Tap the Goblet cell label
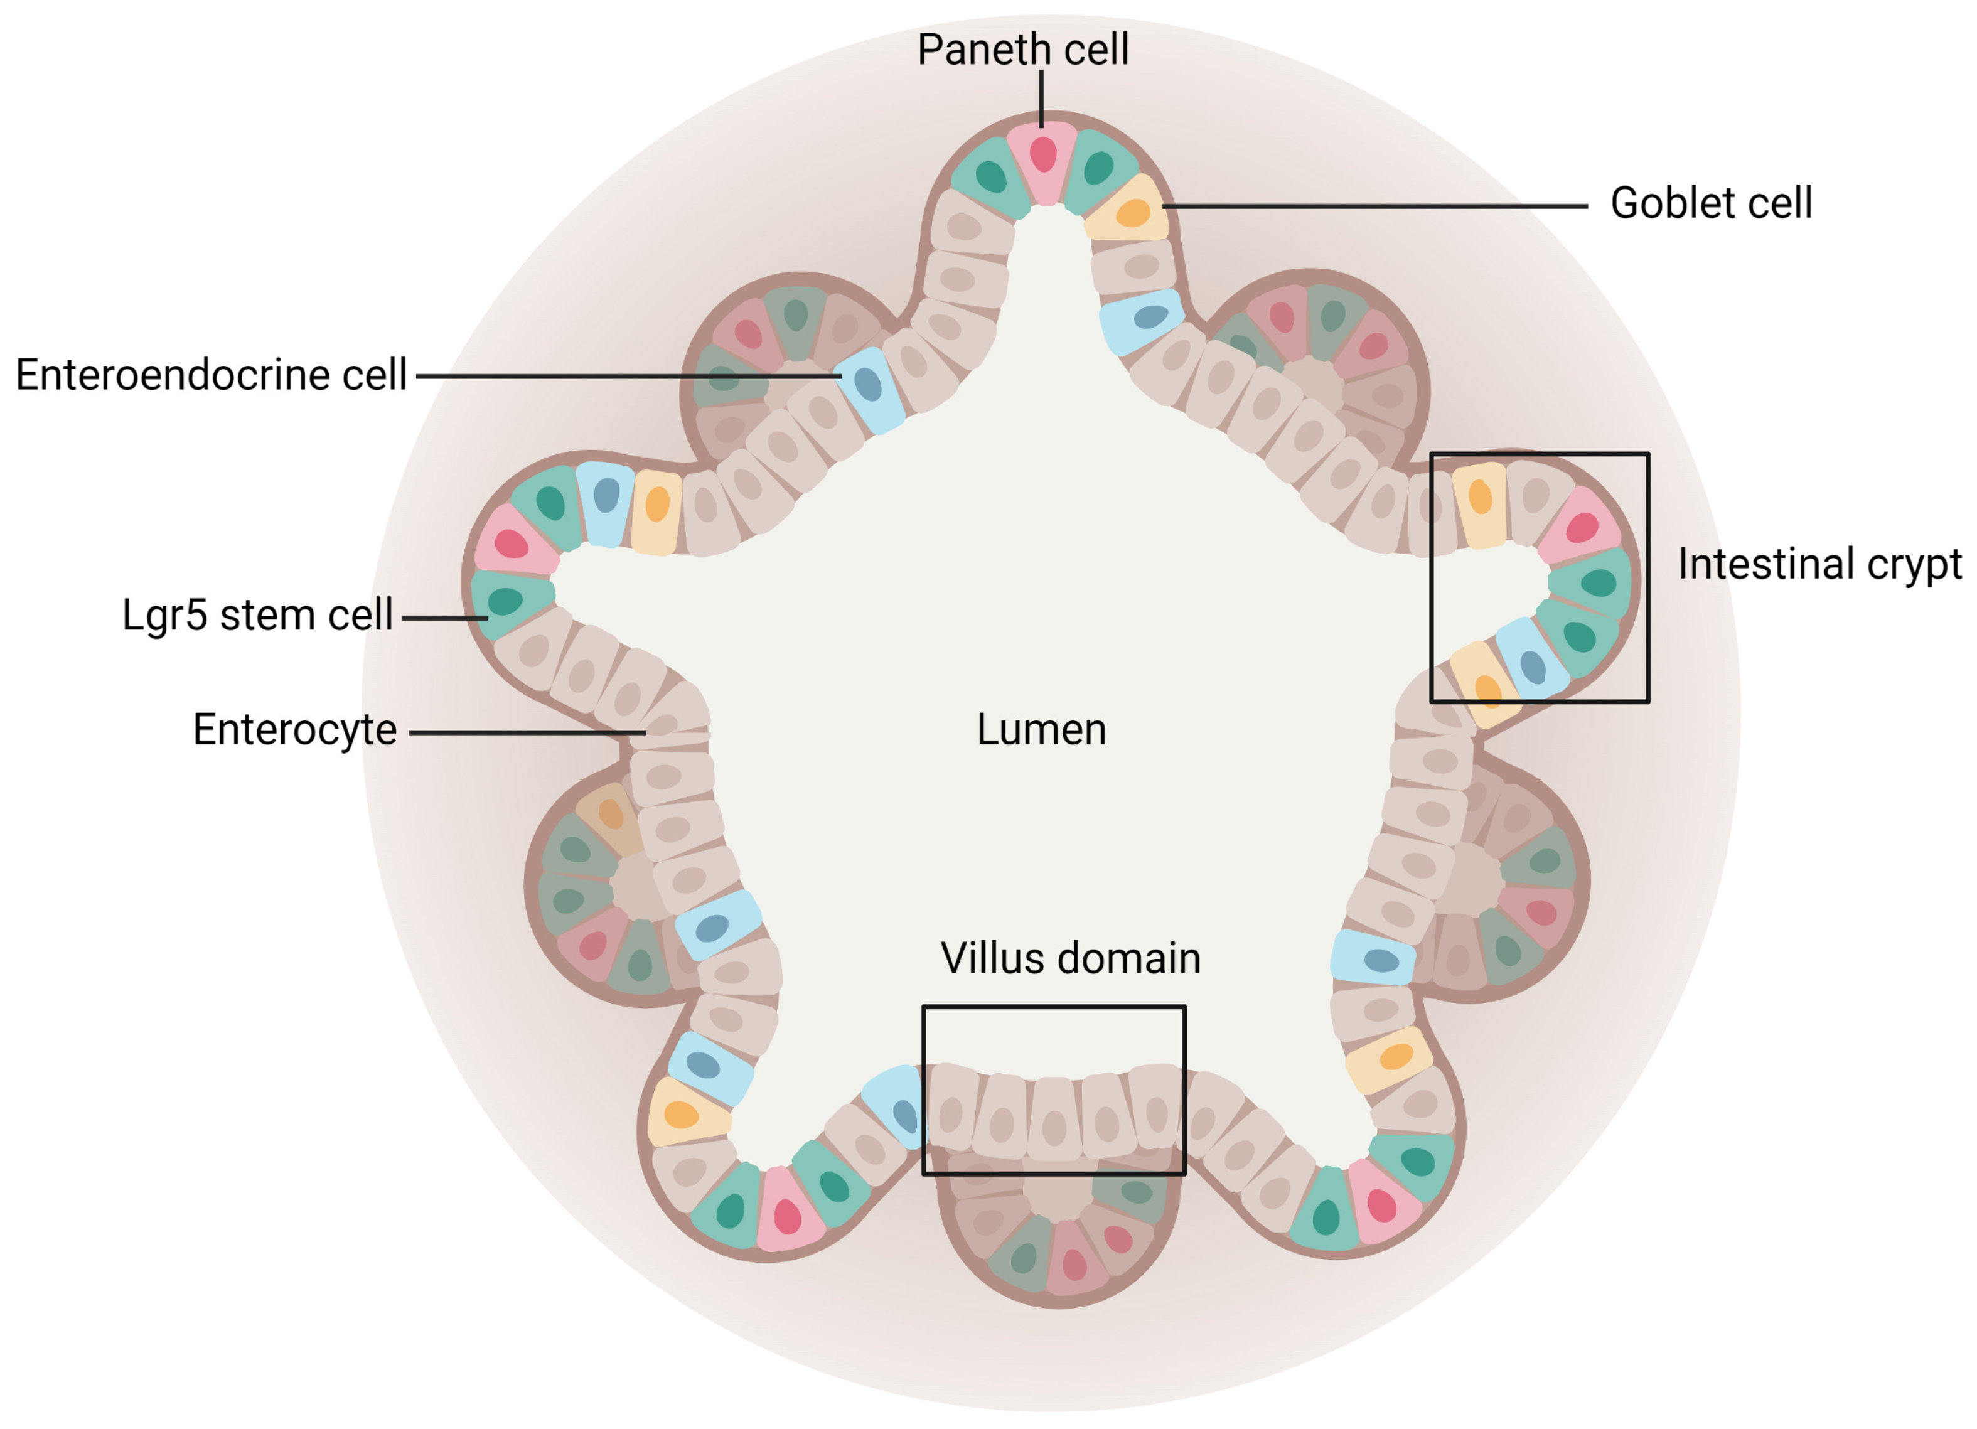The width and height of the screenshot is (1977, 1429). click(x=1710, y=203)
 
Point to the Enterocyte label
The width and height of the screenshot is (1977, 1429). click(x=294, y=730)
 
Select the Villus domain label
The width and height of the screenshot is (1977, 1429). click(x=1069, y=959)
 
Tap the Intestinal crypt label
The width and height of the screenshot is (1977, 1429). click(x=1819, y=564)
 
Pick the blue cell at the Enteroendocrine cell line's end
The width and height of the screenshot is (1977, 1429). click(x=868, y=387)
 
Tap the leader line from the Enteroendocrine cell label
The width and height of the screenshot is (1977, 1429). click(x=628, y=377)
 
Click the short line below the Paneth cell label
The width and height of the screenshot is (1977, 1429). click(x=1041, y=98)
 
